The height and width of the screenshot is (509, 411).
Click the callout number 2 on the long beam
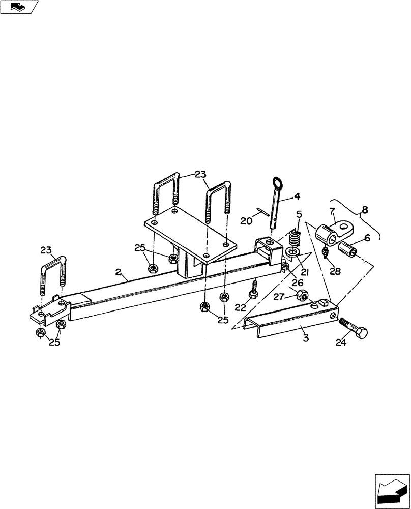tap(118, 273)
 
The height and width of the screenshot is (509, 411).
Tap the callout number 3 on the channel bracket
tap(306, 337)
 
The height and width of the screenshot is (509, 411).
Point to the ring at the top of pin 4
tap(278, 182)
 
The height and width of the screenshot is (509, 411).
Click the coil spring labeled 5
tap(295, 238)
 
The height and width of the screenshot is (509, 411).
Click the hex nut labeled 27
tap(302, 294)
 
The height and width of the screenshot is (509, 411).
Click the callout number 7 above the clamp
tap(332, 211)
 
